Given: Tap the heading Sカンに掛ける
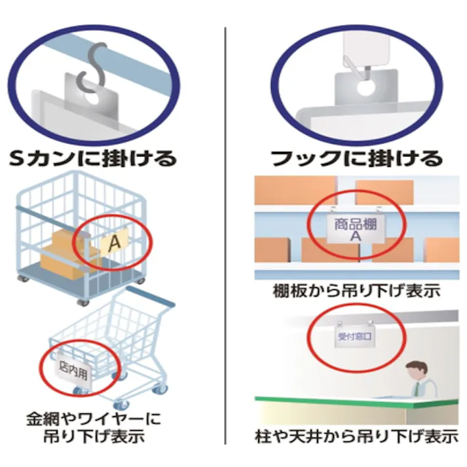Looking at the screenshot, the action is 93,158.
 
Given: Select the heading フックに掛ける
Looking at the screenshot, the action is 356,158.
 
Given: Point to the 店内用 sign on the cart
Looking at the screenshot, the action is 73,371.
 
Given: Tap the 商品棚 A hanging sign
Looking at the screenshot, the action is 355,229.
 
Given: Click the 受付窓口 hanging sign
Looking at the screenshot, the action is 355,337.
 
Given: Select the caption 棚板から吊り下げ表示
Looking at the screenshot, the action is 356,291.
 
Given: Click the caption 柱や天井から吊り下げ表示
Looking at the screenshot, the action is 356,436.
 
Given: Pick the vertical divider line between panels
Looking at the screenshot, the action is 225,236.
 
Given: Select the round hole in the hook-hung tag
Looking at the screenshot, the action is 365,88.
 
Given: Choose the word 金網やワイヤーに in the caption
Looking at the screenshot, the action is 94,418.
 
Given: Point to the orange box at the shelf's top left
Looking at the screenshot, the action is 295,190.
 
